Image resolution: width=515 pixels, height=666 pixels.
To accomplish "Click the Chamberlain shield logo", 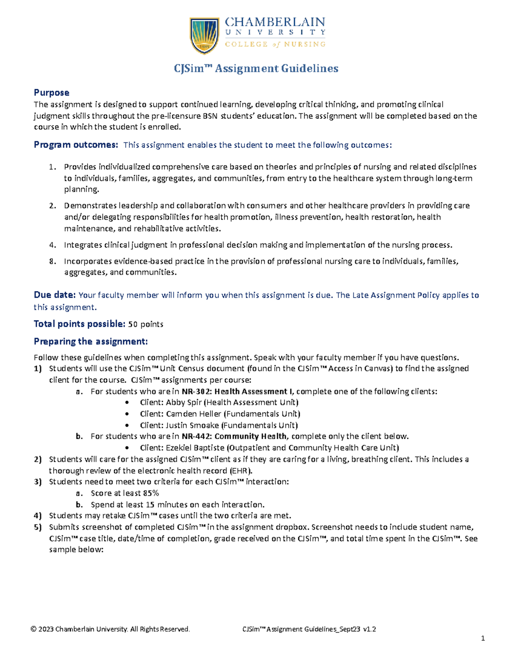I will click(205, 35).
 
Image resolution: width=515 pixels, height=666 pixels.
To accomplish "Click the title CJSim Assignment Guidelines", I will click(256, 69).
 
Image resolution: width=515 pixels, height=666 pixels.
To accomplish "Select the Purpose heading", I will click(51, 93).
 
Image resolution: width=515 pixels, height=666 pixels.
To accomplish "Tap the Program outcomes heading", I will click(76, 145).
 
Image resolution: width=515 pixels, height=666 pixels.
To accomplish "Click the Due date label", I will click(55, 295).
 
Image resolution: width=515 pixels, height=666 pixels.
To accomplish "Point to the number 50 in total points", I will click(133, 324).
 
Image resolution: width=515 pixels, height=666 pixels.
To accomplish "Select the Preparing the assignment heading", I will click(91, 341).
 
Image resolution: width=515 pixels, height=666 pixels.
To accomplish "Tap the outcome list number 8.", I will click(52, 261).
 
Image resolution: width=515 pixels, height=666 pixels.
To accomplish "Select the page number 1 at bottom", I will click(483, 638).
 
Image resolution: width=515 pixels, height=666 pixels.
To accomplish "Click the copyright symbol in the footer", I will click(33, 629).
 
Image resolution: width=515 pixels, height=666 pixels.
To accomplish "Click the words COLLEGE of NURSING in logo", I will click(275, 44).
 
